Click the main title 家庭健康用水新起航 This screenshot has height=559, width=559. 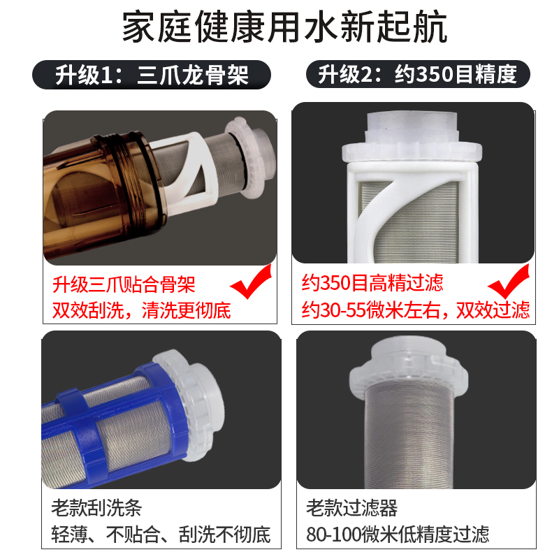click(279, 29)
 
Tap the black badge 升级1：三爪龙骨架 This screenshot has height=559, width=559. click(152, 74)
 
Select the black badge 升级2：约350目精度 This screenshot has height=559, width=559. click(418, 74)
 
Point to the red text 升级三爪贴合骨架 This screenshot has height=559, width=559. click(124, 284)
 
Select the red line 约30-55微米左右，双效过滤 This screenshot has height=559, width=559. click(415, 309)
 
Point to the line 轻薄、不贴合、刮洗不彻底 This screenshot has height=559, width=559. click(161, 535)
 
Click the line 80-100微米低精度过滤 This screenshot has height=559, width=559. click(398, 535)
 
